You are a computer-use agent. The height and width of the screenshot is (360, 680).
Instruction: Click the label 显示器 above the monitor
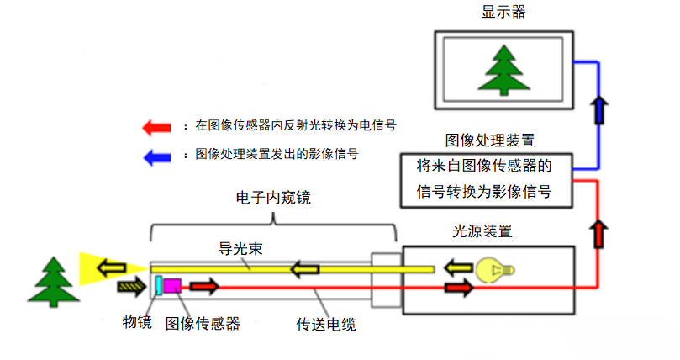tap(504, 12)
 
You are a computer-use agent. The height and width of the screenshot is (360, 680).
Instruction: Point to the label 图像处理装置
tap(490, 140)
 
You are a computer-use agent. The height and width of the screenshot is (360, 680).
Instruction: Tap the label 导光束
tap(238, 249)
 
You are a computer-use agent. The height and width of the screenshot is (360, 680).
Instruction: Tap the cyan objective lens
tap(157, 285)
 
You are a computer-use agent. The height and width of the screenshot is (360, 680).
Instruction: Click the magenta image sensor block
tap(172, 285)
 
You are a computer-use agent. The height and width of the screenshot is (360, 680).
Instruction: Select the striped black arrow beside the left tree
tap(132, 287)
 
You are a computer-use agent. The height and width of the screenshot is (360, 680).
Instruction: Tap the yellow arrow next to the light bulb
tap(458, 269)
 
